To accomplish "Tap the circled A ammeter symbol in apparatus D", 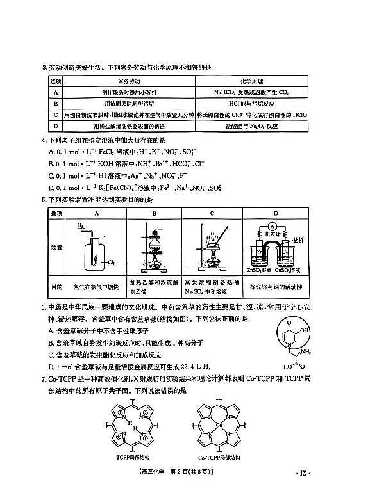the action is point(272,226).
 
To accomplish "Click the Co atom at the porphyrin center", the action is point(219,424).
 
